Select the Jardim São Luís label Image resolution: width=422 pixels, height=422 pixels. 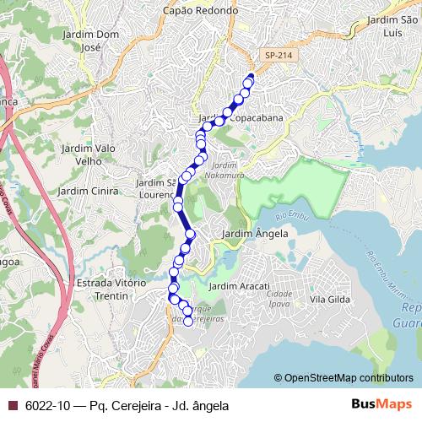pos(394,26)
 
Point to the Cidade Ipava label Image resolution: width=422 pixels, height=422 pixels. pos(279,300)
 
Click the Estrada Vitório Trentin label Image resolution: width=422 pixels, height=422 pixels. pos(110,289)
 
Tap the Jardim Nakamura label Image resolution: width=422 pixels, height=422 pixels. pos(226,171)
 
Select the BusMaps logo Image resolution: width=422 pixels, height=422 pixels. pos(382,404)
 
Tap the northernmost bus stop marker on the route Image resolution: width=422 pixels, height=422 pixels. pos(249,80)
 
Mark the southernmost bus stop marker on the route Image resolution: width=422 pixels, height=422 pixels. pos(188,320)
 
